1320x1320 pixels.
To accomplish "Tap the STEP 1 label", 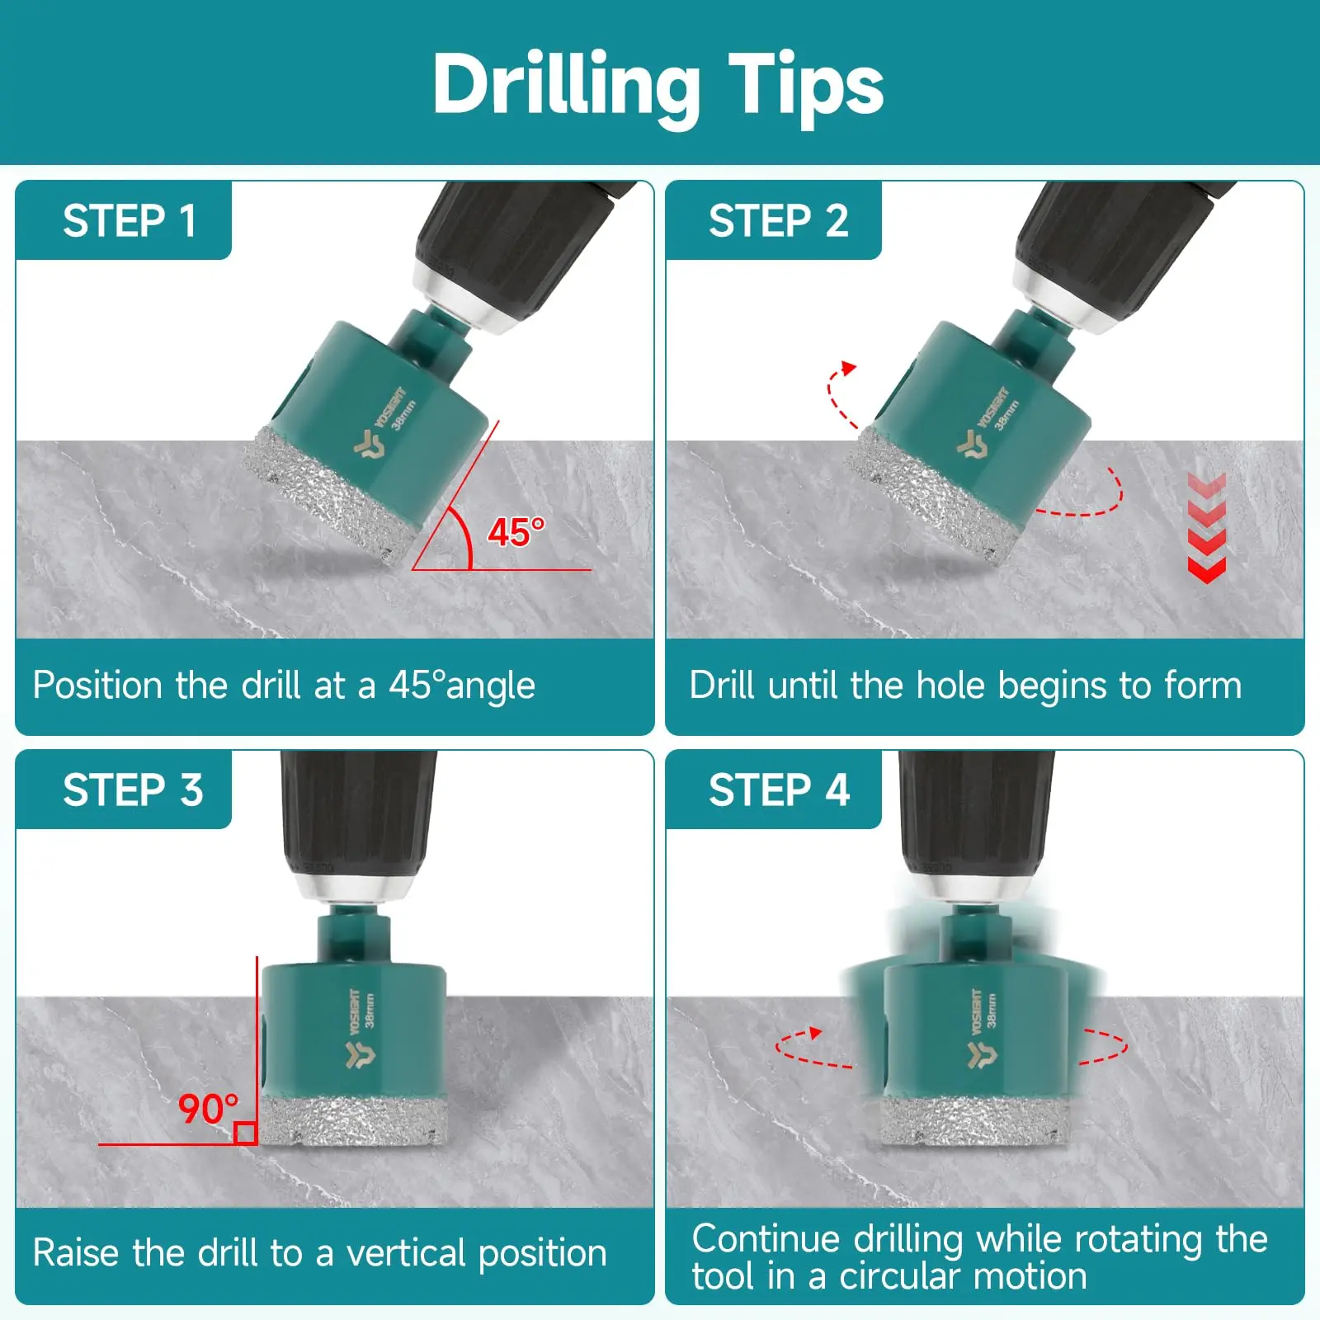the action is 130,221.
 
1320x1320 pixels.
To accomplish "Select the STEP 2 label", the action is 779,221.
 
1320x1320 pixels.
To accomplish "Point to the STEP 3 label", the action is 133,790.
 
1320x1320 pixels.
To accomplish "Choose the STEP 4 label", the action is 780,790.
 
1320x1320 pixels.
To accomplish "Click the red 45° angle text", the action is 516,532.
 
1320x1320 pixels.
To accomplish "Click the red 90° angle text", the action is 209,1109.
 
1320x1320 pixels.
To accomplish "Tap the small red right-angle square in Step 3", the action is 245,1134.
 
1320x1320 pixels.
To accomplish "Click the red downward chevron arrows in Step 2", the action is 1206,529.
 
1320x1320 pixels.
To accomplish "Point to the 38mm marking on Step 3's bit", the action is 369,1010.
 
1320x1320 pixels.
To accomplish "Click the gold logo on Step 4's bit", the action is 982,1054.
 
